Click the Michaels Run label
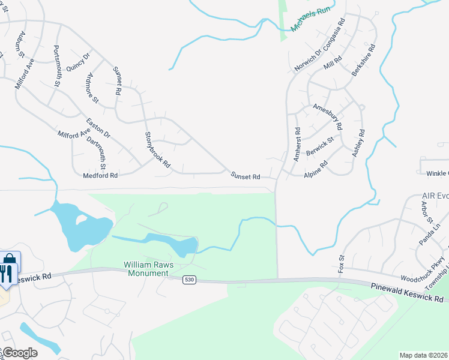pos(310,20)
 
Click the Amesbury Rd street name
pos(328,116)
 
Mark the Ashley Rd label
pos(358,144)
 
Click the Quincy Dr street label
pos(78,62)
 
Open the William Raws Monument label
pos(146,268)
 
